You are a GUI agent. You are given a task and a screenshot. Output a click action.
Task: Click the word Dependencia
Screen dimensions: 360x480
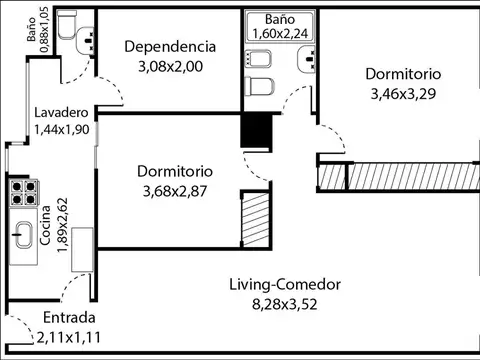[169, 46]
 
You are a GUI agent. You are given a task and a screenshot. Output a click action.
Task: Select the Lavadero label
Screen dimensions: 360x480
[61, 112]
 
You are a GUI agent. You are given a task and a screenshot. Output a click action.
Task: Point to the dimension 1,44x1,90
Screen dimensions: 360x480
[61, 129]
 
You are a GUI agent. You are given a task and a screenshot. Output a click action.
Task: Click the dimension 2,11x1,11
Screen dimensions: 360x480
[69, 337]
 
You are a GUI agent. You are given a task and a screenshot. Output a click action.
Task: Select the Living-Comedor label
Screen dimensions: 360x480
[284, 284]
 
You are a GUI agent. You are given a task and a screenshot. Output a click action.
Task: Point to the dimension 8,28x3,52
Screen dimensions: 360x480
[284, 304]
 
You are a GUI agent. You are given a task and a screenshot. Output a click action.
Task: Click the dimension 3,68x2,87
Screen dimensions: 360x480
[177, 192]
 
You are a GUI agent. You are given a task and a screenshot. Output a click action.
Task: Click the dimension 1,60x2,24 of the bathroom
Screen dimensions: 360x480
[279, 33]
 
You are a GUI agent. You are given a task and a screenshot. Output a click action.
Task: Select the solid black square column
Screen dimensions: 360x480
[257, 131]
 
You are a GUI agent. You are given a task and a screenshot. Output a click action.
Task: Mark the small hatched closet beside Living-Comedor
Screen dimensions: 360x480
[255, 217]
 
